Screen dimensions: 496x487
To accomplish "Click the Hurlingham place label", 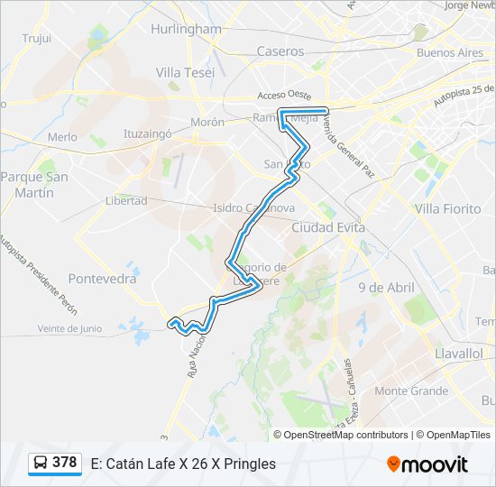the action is pyautogui.click(x=186, y=29).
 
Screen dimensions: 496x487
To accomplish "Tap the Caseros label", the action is pyautogui.click(x=280, y=51).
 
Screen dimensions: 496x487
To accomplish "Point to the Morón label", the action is pyautogui.click(x=207, y=122).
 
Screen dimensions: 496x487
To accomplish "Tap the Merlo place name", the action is pyautogui.click(x=62, y=137).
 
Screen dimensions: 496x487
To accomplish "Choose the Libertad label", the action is pyautogui.click(x=126, y=200).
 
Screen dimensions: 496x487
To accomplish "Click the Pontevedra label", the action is pyautogui.click(x=102, y=279).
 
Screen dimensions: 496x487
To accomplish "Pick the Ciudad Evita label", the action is pyautogui.click(x=328, y=228).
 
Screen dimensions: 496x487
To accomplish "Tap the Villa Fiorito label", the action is pyautogui.click(x=447, y=208).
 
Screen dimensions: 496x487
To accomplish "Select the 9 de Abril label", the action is pyautogui.click(x=385, y=288).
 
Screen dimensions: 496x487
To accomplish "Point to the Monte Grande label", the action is pyautogui.click(x=411, y=391).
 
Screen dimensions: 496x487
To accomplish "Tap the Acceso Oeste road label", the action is pyautogui.click(x=284, y=96).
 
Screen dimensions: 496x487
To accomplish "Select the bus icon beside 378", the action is pyautogui.click(x=41, y=464).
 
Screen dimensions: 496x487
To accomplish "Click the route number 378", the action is pyautogui.click(x=64, y=463).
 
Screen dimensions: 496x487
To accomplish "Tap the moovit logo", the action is pyautogui.click(x=427, y=464).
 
